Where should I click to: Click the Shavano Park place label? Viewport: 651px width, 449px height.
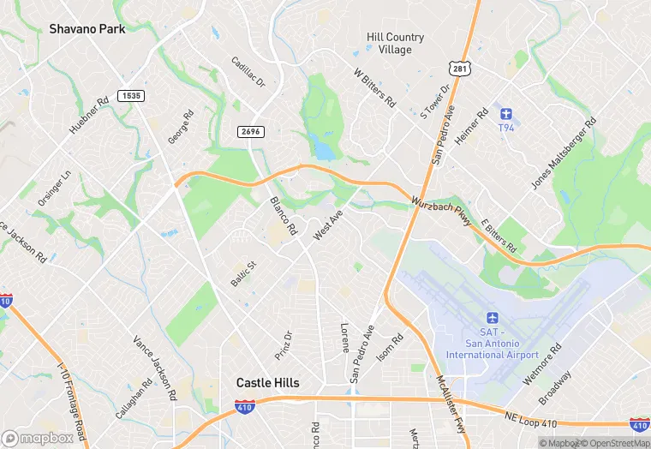point(87,29)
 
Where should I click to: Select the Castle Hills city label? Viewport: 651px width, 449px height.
point(267,383)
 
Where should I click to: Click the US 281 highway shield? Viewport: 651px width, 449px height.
point(459,68)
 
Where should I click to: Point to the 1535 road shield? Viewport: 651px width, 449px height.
point(130,96)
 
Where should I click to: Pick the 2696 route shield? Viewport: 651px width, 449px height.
point(250,131)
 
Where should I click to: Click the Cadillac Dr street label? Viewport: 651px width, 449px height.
point(248,74)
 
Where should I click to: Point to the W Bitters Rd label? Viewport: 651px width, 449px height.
point(375,88)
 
